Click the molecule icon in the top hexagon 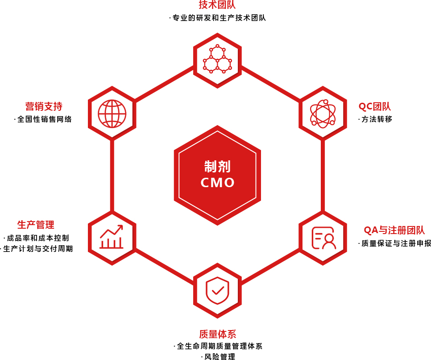click(x=217, y=59)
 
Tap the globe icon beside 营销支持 click(x=112, y=113)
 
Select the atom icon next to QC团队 click(x=323, y=113)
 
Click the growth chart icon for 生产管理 click(x=112, y=237)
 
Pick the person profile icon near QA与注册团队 click(x=323, y=238)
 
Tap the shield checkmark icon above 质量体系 click(x=217, y=291)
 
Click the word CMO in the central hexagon click(x=217, y=183)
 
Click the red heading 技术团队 click(x=217, y=5)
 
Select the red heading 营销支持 click(x=44, y=106)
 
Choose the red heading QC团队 click(x=375, y=106)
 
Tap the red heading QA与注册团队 click(x=394, y=230)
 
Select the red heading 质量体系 click(x=217, y=334)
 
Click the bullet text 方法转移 click(x=377, y=119)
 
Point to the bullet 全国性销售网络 click(x=45, y=119)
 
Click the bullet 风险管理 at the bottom click(x=220, y=356)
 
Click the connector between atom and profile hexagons click(x=323, y=175)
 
